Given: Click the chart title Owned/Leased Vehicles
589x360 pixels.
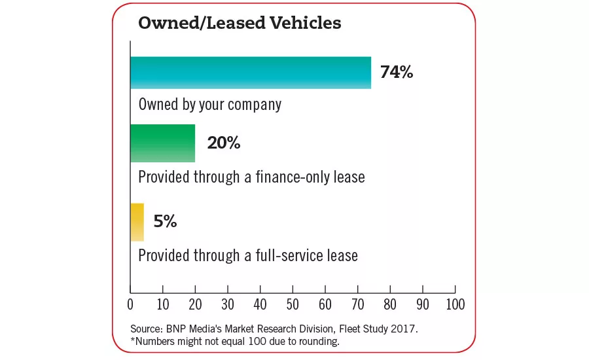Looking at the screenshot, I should click(x=239, y=23).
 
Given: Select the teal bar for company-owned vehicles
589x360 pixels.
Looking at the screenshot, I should click(x=250, y=73).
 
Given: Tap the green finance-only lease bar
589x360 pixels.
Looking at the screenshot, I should click(x=162, y=143).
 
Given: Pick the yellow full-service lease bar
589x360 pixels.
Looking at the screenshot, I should click(x=137, y=222).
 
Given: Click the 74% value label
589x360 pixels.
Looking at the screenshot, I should click(x=397, y=72).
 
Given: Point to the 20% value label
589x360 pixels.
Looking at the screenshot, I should click(x=224, y=143).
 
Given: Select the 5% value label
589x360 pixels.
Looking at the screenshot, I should click(x=165, y=221).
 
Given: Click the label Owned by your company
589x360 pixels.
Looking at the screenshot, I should click(x=209, y=104).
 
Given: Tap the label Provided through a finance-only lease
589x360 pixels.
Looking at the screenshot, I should click(x=251, y=177).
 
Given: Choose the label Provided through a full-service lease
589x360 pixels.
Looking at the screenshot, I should click(x=248, y=255).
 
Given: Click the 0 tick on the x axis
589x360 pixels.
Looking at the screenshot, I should click(x=130, y=304).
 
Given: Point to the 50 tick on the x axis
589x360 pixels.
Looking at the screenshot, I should click(x=293, y=304).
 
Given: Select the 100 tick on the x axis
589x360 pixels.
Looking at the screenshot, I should click(x=455, y=304).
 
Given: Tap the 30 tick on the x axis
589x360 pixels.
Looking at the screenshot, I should click(x=228, y=304).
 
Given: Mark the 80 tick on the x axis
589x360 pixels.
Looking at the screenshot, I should click(x=390, y=304).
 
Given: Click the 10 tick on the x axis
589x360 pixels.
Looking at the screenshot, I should click(x=163, y=304).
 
